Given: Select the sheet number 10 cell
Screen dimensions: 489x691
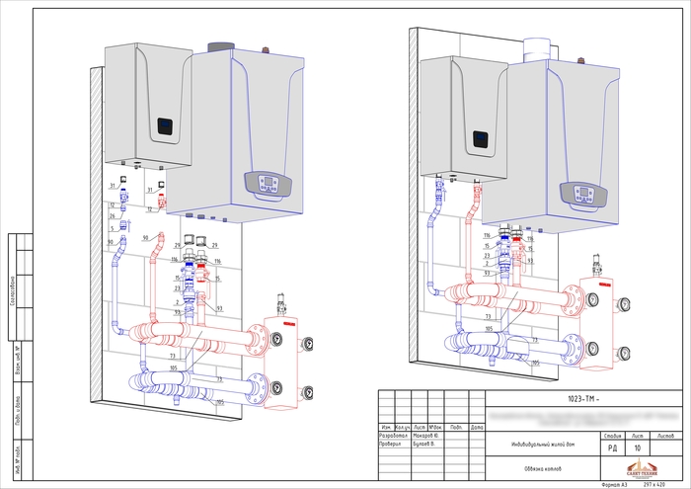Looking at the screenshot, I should (x=638, y=448).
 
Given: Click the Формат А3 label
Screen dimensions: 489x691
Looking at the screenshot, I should (x=611, y=484).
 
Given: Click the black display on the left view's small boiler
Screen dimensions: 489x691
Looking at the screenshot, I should (x=166, y=127).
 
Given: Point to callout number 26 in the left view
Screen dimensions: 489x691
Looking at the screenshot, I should (x=113, y=215).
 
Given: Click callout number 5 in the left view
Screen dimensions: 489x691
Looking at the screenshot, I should (x=113, y=228).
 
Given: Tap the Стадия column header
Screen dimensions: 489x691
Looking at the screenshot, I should (x=610, y=435).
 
